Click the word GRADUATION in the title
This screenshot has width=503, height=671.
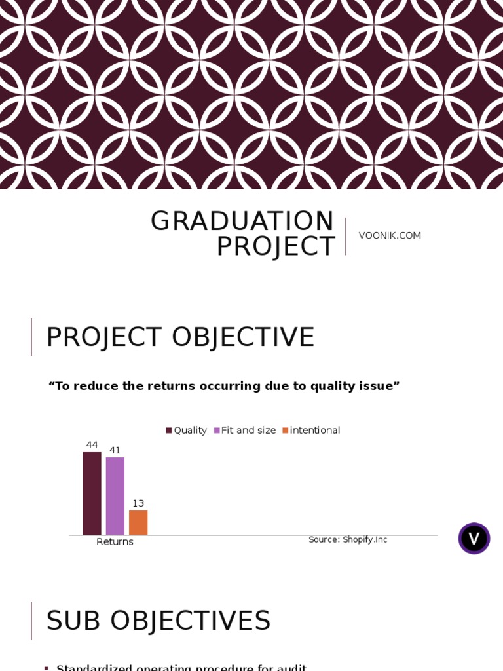pos(242,221)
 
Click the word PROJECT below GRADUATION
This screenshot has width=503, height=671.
pos(276,247)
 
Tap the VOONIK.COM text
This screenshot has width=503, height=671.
pos(390,235)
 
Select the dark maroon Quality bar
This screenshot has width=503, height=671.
pos(92,493)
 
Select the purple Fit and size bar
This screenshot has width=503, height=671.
pos(115,496)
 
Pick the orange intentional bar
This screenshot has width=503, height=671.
pos(138,522)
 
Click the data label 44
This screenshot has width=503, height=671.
pos(92,445)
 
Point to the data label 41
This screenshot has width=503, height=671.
pos(115,450)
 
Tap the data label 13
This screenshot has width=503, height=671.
pos(138,503)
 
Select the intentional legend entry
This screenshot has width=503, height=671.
pos(314,431)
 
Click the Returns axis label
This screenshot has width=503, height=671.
pos(115,542)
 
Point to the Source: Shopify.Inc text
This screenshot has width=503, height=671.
pos(348,539)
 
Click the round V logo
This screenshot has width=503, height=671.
pos(474,539)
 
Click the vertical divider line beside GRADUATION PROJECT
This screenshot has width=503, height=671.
pos(346,236)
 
